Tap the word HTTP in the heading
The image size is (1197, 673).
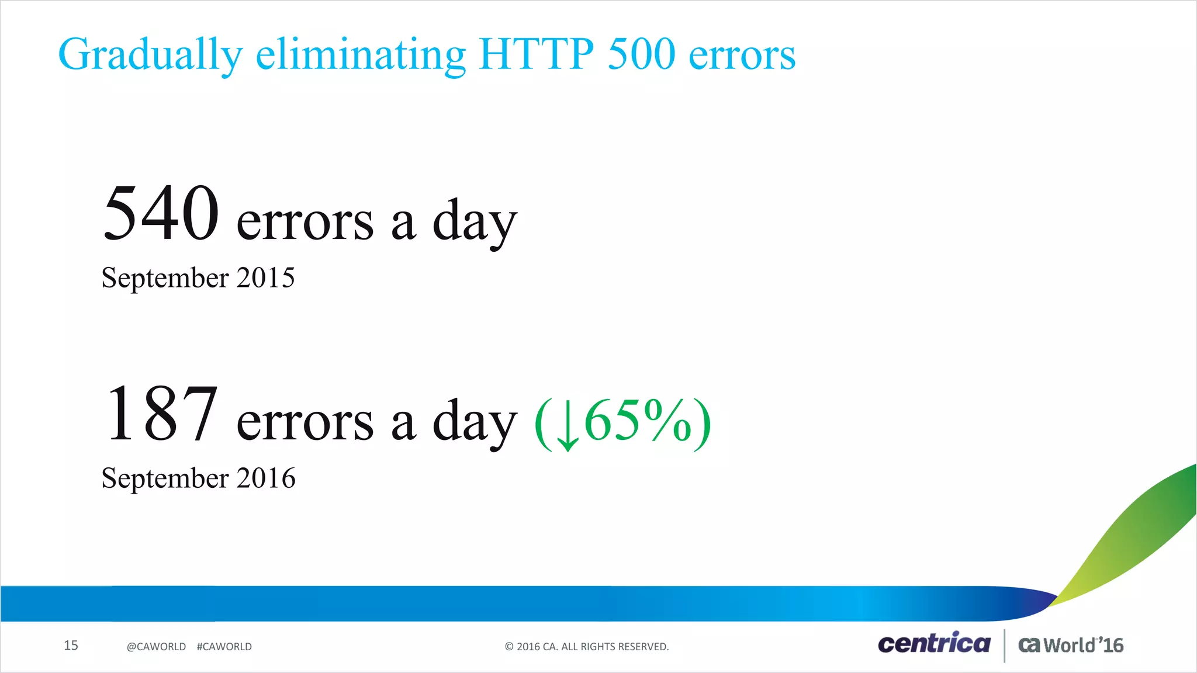pos(536,54)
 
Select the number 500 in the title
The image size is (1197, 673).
pos(641,54)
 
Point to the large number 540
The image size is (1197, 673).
pos(161,213)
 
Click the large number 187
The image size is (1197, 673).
pos(161,413)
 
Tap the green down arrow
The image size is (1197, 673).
pos(567,424)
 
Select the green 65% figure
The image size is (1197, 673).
pos(638,421)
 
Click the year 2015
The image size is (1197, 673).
pos(265,277)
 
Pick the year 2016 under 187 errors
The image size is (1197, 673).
pos(266,478)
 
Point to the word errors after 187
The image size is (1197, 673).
pos(305,422)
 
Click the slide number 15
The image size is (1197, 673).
pos(71,645)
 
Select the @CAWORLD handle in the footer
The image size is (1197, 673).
pos(156,647)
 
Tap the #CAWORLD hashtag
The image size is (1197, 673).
pos(224,647)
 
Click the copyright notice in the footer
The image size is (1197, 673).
pos(587,647)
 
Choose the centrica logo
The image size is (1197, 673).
pos(934,644)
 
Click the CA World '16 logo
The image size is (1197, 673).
pos(1071,645)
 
